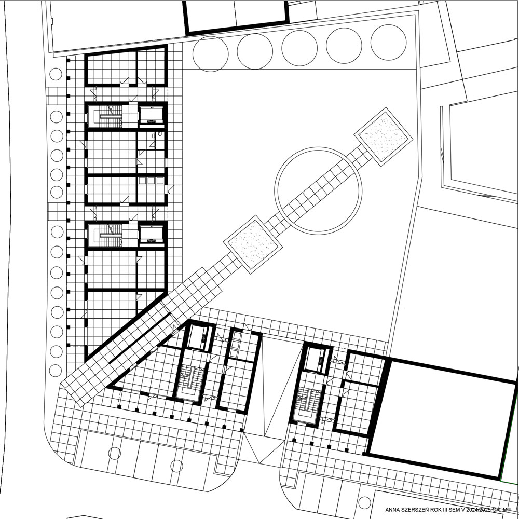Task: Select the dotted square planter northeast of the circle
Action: [384, 136]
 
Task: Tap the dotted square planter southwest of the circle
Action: [253, 244]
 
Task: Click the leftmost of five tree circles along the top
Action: [211, 54]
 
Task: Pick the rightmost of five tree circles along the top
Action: [388, 43]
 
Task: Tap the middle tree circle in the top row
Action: [299, 48]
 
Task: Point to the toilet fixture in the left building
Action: [160, 134]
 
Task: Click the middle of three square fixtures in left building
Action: [151, 181]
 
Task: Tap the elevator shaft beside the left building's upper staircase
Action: [151, 115]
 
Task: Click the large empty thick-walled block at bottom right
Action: [442, 418]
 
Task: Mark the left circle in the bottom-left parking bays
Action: [115, 453]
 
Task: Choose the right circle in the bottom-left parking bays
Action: [177, 466]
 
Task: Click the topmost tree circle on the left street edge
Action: [56, 74]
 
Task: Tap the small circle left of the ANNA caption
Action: [364, 503]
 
